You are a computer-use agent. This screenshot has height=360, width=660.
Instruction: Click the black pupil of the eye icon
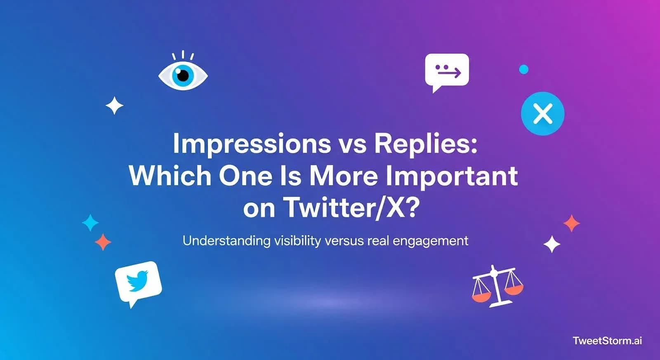click(183, 75)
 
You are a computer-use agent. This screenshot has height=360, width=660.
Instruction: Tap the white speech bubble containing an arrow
click(447, 70)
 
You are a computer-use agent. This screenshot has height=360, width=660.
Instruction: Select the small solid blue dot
click(523, 69)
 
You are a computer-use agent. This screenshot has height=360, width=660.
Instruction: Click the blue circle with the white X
click(542, 113)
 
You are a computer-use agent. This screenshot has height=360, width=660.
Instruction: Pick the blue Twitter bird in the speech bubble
click(138, 281)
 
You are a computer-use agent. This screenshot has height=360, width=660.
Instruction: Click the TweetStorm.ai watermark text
click(607, 341)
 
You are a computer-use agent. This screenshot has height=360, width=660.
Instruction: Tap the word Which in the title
click(170, 176)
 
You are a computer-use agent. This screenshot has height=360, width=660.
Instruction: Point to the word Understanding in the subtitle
click(226, 240)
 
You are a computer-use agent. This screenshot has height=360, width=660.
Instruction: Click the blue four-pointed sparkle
click(90, 223)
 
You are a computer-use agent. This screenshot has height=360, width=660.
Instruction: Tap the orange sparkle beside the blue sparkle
click(103, 242)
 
